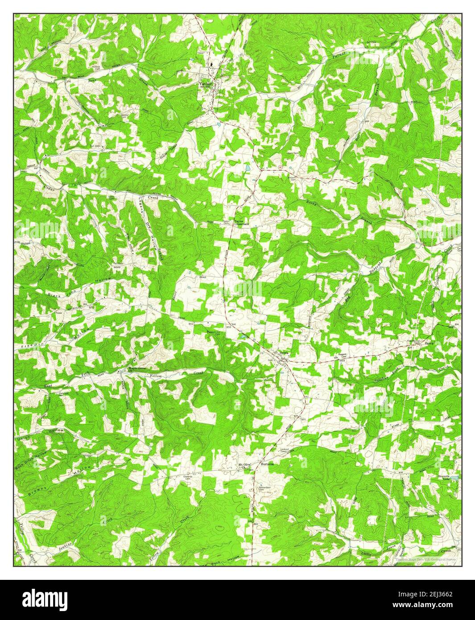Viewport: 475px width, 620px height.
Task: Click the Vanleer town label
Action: pyautogui.click(x=206, y=83)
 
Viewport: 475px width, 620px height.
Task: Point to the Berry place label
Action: pyautogui.click(x=429, y=343)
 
